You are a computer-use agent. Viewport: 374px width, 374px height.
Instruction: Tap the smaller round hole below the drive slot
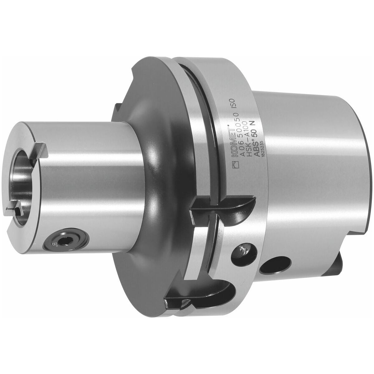tap(242, 252)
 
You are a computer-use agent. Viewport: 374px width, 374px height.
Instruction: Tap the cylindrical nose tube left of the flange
tap(93, 187)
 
